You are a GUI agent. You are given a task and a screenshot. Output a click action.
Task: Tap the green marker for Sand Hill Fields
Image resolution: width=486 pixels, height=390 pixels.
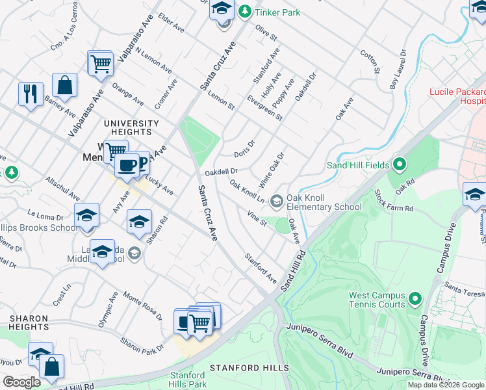click(400, 165)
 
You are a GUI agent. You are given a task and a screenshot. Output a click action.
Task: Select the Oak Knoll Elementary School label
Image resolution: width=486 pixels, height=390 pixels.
click(323, 202)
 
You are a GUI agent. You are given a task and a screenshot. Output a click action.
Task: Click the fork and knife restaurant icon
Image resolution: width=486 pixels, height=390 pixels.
click(31, 94)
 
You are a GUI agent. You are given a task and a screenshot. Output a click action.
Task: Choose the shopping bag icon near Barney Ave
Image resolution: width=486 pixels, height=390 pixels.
click(64, 85)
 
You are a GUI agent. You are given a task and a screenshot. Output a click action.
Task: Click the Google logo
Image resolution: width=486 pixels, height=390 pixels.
click(21, 382)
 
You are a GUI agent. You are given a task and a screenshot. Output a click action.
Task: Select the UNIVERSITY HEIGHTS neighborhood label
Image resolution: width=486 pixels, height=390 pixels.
click(131, 127)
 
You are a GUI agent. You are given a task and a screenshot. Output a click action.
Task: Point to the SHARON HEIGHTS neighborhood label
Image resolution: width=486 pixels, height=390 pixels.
click(29, 322)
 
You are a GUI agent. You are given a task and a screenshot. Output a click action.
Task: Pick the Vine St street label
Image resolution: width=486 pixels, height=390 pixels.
click(257, 218)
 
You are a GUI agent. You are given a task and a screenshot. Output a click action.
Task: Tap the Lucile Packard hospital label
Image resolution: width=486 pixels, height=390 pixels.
click(457, 96)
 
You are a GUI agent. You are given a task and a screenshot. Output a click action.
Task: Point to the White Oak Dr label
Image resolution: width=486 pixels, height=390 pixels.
click(272, 168)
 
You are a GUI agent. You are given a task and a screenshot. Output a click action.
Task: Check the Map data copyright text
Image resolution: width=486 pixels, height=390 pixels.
click(445, 385)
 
